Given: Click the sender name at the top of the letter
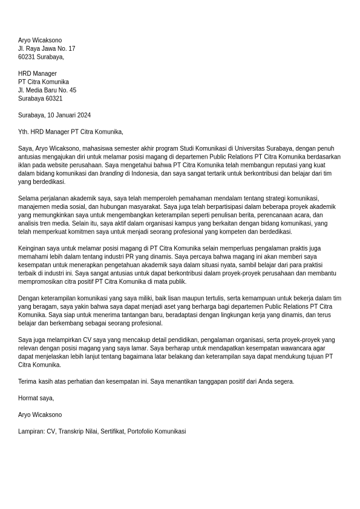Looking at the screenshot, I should (x=40, y=41).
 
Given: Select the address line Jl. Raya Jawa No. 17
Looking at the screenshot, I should (x=47, y=48).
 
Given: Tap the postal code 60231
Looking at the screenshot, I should (x=27, y=57).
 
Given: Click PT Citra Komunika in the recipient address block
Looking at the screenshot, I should (x=44, y=82).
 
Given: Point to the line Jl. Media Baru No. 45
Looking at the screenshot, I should (x=47, y=90).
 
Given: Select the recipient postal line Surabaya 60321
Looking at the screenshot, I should (x=40, y=99).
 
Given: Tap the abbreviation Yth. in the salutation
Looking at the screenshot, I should (x=24, y=132).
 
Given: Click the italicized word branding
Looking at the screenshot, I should (x=111, y=174).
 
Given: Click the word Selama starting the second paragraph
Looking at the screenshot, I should (x=28, y=199).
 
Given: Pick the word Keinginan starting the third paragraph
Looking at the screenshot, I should (x=32, y=248).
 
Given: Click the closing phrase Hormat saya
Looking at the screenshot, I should (x=36, y=398).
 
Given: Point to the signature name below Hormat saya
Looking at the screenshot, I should (x=40, y=415).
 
